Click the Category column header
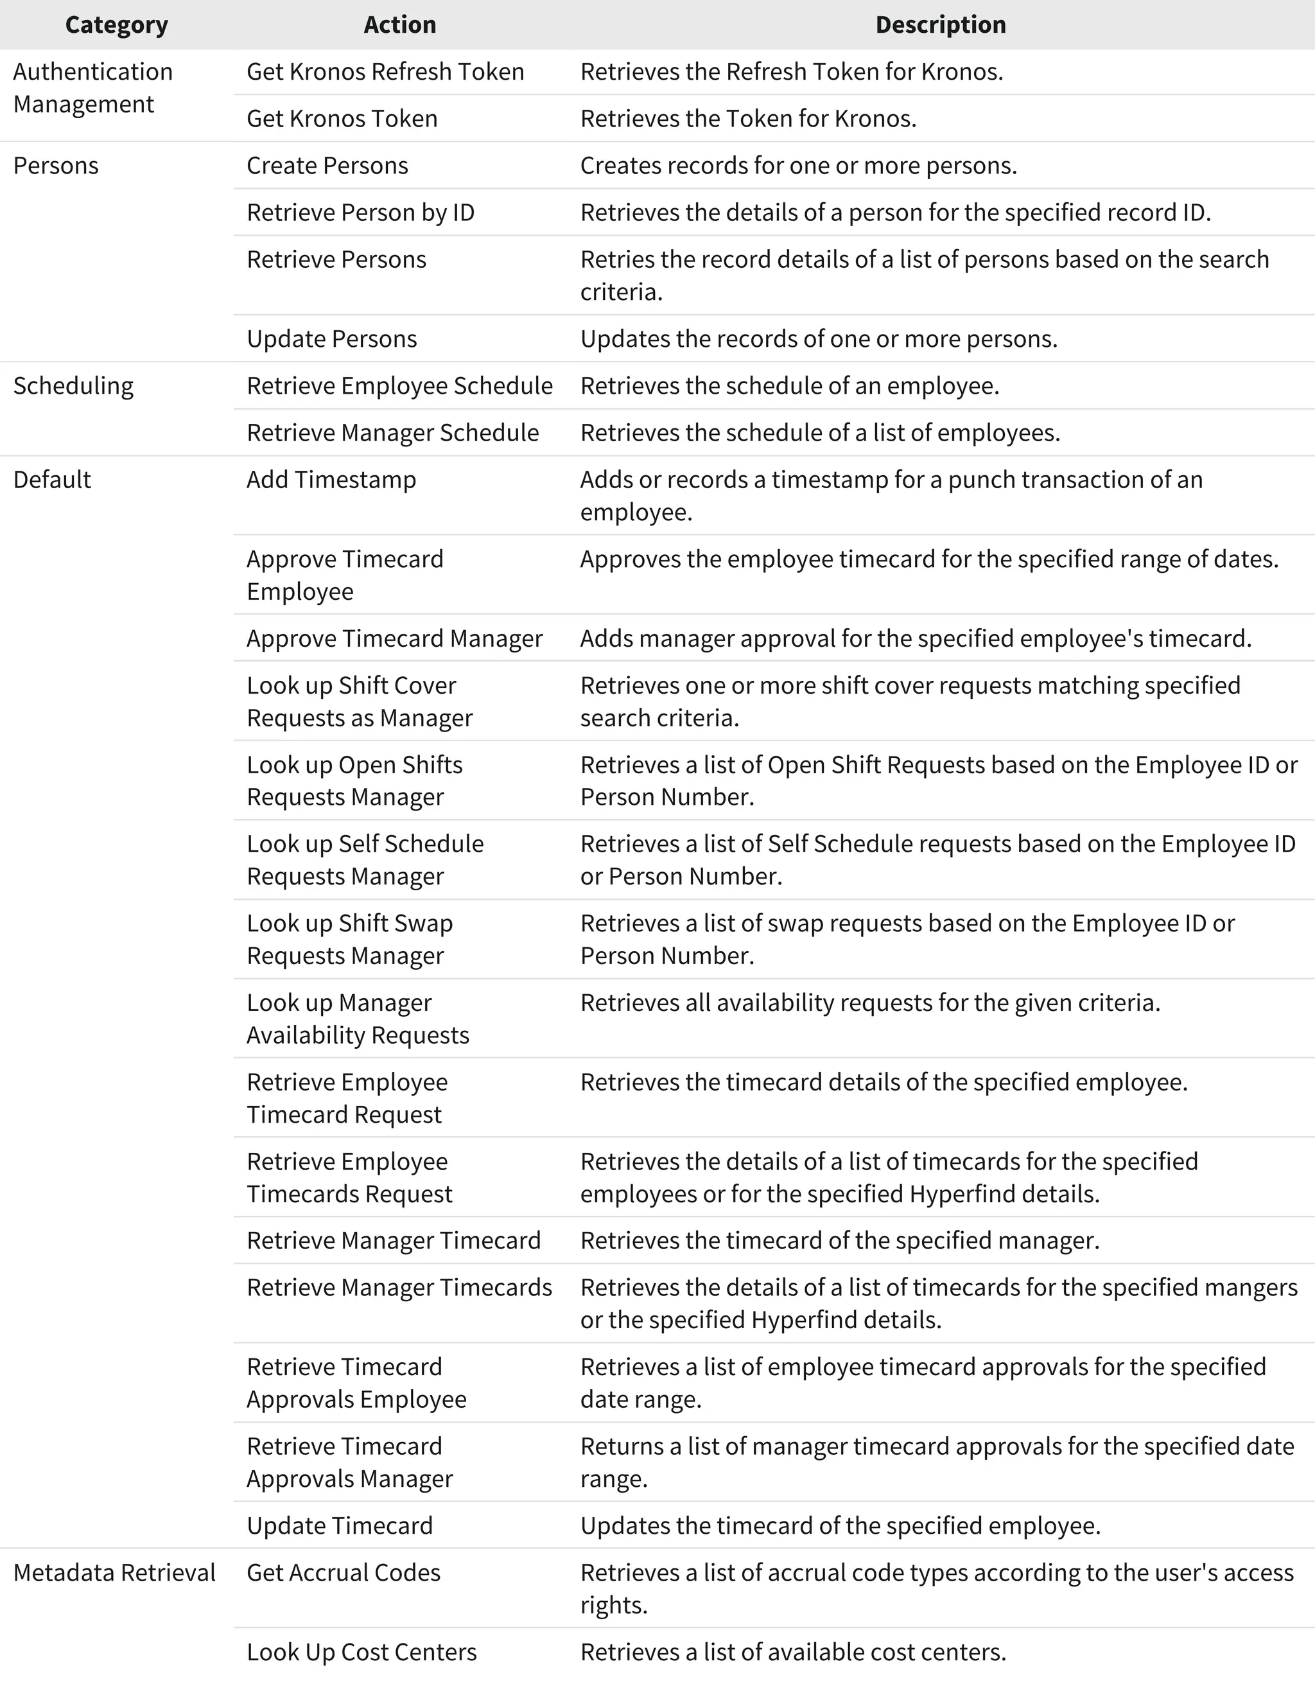(x=116, y=25)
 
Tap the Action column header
(x=399, y=25)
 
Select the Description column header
(x=940, y=25)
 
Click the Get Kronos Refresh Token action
(x=385, y=72)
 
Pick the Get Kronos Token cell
(x=342, y=118)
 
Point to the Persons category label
(x=56, y=165)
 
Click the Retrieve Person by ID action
(x=361, y=212)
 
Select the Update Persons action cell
(x=332, y=338)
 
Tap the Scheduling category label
(x=73, y=386)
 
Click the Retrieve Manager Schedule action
(x=392, y=432)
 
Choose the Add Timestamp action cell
(x=331, y=479)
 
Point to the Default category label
(x=52, y=479)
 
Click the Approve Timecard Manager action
(x=394, y=638)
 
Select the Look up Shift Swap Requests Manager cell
(x=349, y=939)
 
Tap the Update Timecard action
(x=340, y=1525)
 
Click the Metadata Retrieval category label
(x=114, y=1573)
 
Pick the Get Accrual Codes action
(x=344, y=1573)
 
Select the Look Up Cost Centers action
(x=361, y=1652)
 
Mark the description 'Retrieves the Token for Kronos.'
(x=748, y=118)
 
